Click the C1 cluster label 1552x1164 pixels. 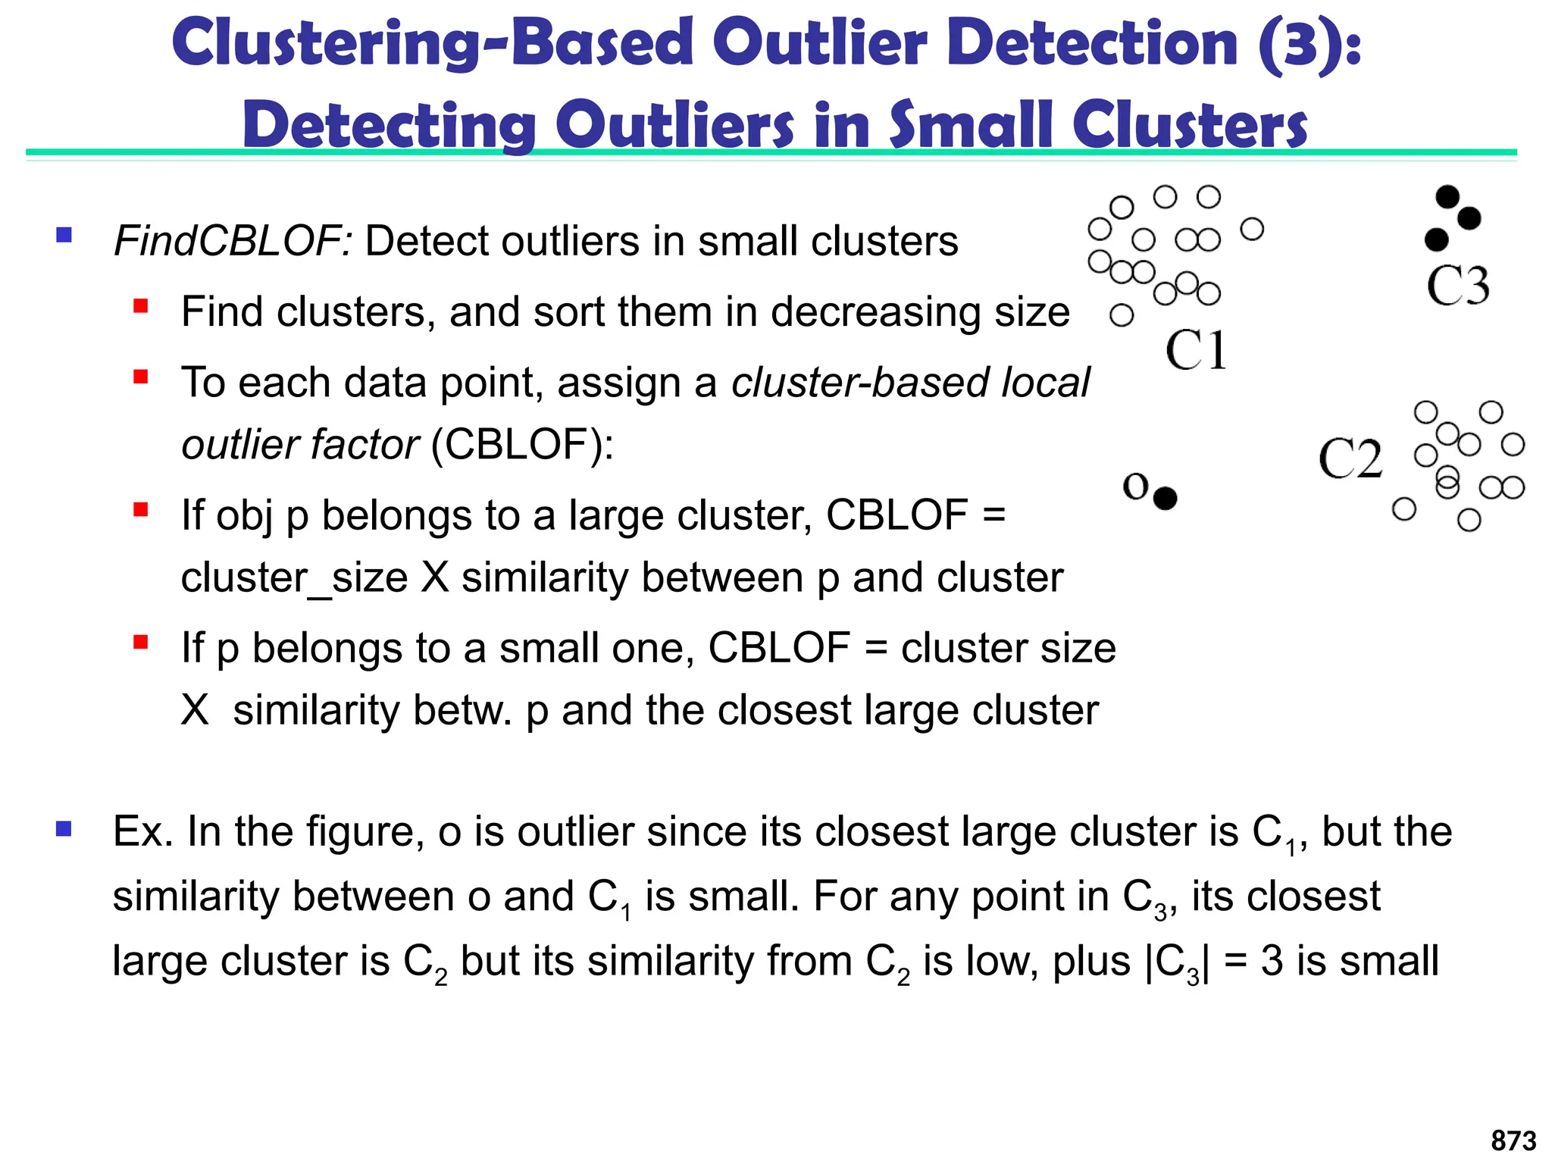point(1196,350)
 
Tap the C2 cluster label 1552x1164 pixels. point(1350,459)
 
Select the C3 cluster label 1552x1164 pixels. point(1457,286)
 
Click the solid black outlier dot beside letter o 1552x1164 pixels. point(1165,498)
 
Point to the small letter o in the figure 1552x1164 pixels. point(1135,486)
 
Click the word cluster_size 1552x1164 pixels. point(294,577)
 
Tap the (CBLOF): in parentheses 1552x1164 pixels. point(522,444)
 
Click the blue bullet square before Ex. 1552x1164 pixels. point(64,829)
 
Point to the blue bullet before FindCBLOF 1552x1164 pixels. point(64,235)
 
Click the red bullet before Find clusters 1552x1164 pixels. point(140,306)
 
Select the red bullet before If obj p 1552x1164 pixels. point(140,509)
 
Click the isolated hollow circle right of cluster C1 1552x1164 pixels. point(1252,229)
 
